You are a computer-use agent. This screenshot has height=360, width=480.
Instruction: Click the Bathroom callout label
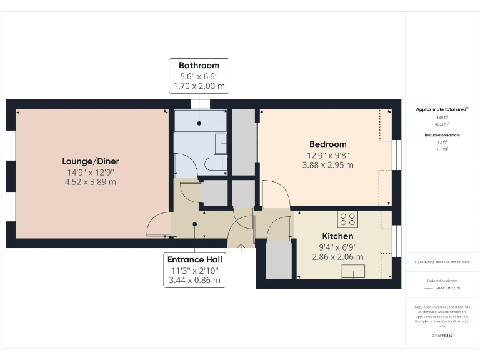199,66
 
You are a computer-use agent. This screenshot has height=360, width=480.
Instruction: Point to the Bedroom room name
327,144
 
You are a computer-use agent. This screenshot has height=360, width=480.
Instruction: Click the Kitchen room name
337,236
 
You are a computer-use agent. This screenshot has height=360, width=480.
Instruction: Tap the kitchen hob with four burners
347,219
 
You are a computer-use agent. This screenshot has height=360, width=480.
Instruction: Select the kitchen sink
354,271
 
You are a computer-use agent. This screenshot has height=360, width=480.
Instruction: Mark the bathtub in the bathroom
199,121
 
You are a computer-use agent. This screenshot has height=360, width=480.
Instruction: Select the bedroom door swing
275,194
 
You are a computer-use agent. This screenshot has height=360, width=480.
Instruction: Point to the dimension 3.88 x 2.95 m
327,165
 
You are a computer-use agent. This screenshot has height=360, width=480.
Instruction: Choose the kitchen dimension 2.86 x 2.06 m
337,257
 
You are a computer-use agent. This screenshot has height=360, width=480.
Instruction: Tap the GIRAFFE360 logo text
442,336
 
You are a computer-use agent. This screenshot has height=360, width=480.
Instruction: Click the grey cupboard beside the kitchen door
279,260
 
